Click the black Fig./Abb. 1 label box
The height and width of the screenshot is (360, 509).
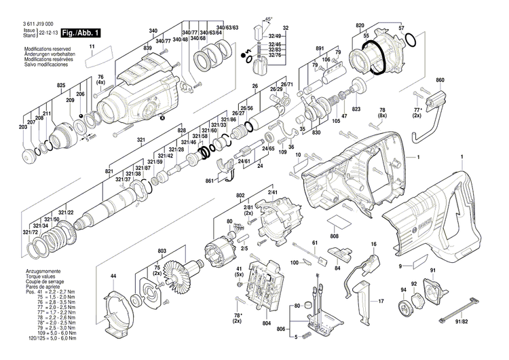(81, 33)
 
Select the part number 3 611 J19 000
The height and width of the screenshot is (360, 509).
(39, 24)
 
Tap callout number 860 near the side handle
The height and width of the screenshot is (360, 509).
(440, 80)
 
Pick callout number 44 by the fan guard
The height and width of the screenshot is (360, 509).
(114, 276)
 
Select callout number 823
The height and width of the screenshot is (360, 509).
(356, 109)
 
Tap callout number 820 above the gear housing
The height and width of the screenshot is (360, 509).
(360, 23)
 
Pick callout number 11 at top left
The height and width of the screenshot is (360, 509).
(93, 46)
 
